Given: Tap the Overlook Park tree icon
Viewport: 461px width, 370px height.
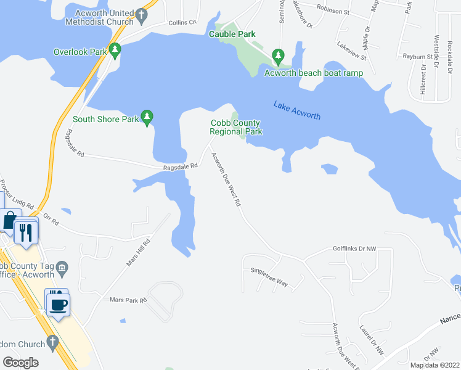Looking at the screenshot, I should tap(114, 50).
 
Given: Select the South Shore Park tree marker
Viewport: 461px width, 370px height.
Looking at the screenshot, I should tap(147, 116).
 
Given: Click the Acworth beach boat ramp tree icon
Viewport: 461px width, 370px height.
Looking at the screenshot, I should tap(279, 56).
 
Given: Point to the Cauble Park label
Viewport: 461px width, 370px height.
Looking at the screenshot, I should tap(232, 35).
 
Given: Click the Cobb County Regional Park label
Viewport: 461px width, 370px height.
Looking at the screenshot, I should tap(236, 127).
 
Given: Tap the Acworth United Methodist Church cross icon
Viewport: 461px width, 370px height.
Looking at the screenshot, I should tap(141, 15).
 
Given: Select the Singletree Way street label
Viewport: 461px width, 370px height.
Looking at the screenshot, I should tap(269, 275).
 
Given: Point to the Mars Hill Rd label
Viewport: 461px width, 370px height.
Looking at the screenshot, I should tap(139, 253).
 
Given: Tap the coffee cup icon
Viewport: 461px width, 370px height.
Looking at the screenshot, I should tap(59, 303).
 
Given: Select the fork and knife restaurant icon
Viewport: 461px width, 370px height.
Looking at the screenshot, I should tap(25, 231).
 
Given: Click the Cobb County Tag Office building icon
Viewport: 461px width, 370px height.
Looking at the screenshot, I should tap(62, 266).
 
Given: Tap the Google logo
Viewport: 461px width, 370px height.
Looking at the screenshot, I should tap(21, 362).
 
